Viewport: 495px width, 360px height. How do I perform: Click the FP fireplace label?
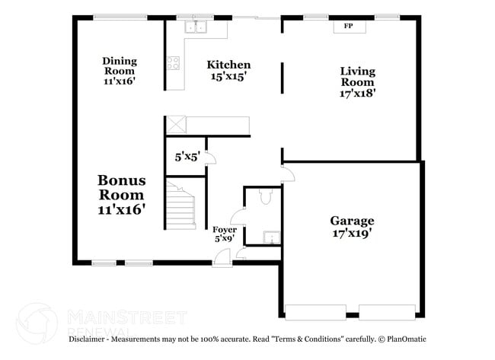[348, 26]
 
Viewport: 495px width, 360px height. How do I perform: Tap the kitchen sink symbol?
[196, 27]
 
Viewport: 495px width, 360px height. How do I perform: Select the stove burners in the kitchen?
[174, 62]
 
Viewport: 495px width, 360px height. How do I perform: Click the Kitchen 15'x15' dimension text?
[228, 76]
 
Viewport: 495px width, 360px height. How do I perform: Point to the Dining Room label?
[120, 65]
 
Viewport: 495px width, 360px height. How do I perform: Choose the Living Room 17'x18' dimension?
[358, 93]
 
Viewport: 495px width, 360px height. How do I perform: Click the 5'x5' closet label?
[187, 157]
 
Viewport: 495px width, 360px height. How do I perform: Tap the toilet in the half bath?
[266, 196]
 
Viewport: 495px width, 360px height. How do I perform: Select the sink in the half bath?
[272, 237]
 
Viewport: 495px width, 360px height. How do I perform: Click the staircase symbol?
[180, 205]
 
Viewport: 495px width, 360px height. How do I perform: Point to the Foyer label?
[225, 229]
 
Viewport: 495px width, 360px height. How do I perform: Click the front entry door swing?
[222, 257]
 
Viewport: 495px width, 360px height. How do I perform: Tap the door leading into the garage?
[288, 173]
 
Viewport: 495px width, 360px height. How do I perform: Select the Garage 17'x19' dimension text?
[352, 233]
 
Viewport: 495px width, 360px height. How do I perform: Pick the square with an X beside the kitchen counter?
[176, 125]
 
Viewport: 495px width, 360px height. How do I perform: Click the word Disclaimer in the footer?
[87, 339]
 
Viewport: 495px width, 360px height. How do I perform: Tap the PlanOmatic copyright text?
[402, 339]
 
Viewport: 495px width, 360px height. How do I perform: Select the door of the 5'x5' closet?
[211, 158]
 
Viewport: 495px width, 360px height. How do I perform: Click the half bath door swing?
[238, 216]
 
